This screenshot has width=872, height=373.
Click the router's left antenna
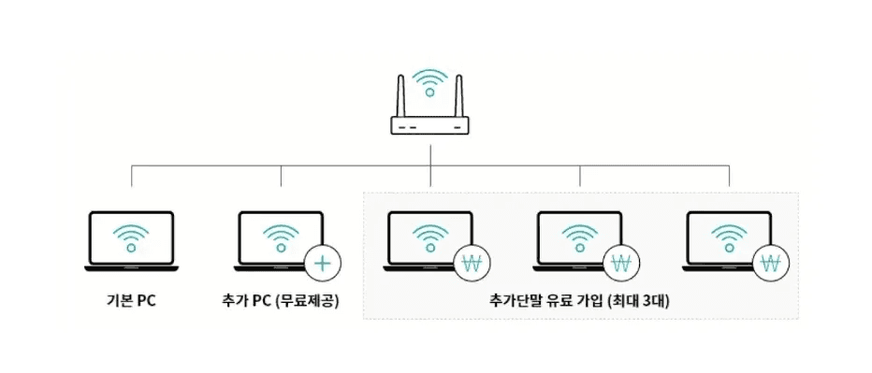(400, 94)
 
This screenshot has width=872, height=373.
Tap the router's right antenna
(458, 94)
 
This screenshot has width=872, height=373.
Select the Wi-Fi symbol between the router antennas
(429, 83)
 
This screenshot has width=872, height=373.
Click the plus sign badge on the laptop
(322, 263)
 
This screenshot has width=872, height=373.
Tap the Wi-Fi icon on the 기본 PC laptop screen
(130, 238)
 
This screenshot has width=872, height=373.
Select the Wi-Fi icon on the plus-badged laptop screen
(280, 238)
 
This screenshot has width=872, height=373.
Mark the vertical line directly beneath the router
(429, 154)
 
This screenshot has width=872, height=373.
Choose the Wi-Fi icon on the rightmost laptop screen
(729, 238)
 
